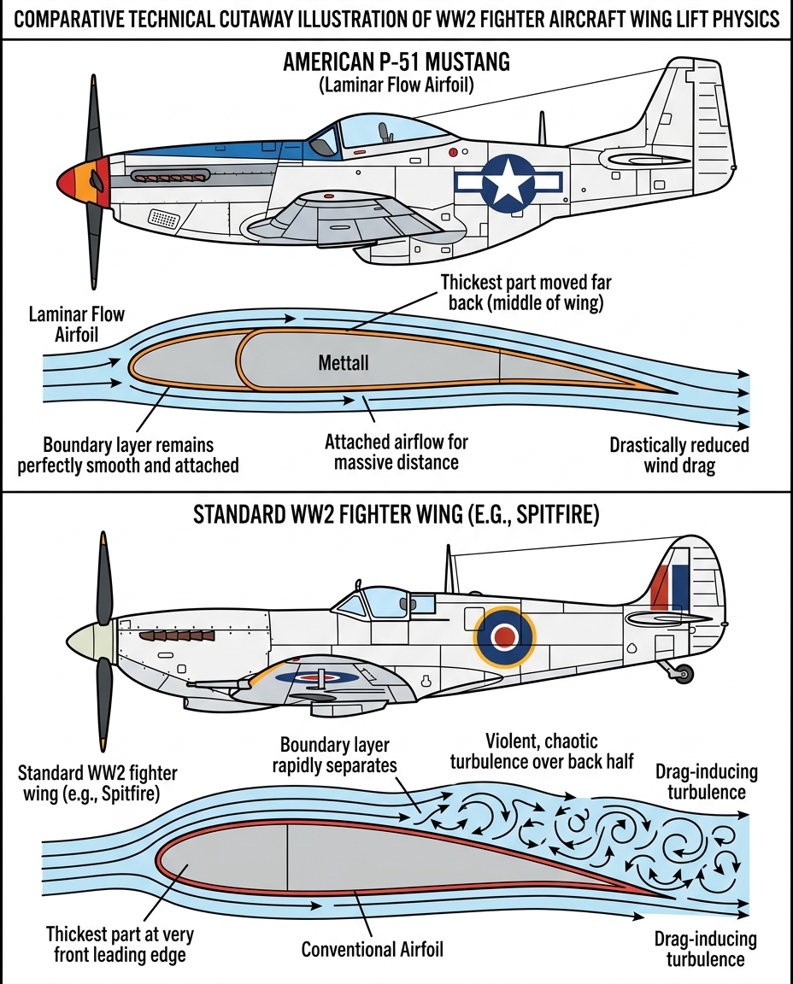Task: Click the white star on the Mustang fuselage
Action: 508,183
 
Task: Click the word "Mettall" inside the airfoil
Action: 344,363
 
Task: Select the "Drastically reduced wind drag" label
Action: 679,455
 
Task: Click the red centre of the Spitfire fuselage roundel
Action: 505,637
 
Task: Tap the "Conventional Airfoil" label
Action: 373,950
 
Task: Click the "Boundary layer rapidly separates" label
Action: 335,755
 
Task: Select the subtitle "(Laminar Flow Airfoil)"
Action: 396,85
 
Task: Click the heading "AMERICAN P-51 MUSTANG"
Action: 396,61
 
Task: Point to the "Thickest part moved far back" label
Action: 526,292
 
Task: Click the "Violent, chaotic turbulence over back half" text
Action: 541,751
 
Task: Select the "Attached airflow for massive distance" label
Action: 396,452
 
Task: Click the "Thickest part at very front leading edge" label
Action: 120,944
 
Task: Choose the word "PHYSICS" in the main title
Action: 747,20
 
